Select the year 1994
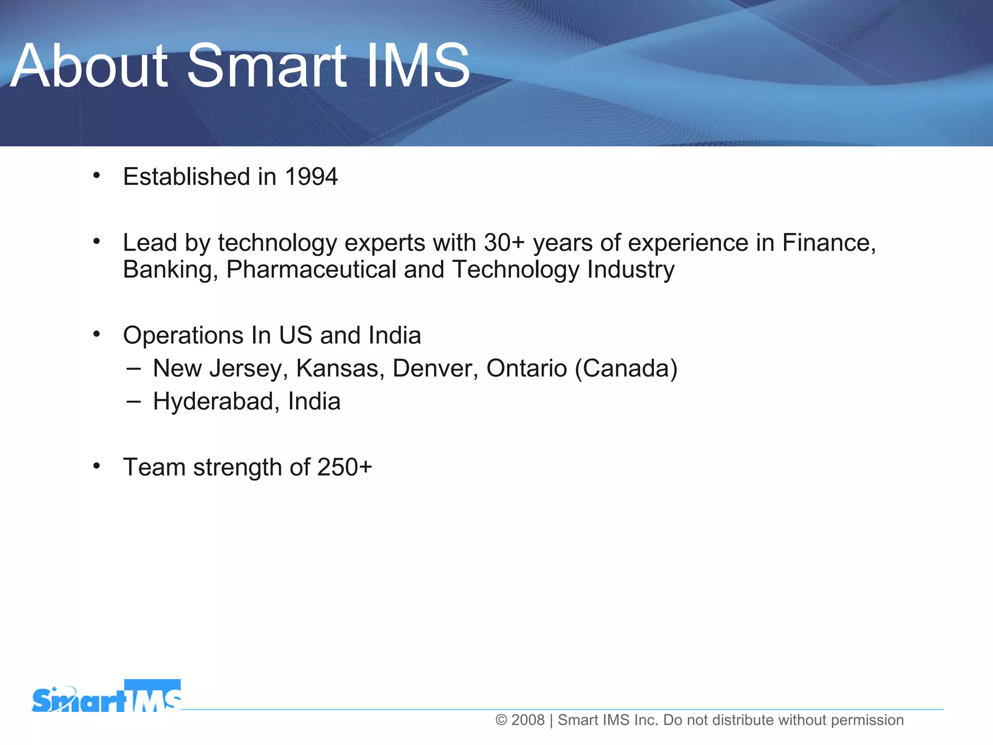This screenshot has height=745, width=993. (x=311, y=177)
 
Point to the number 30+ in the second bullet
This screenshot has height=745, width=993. (x=504, y=243)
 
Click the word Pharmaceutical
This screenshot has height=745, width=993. (x=311, y=270)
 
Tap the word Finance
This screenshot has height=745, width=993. (x=828, y=243)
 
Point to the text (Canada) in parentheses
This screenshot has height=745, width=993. (x=626, y=369)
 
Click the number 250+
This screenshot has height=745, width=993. (x=344, y=468)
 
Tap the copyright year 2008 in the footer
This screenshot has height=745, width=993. (x=528, y=720)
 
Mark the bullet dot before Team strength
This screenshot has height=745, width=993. (x=96, y=466)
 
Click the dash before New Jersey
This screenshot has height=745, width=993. (x=133, y=369)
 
